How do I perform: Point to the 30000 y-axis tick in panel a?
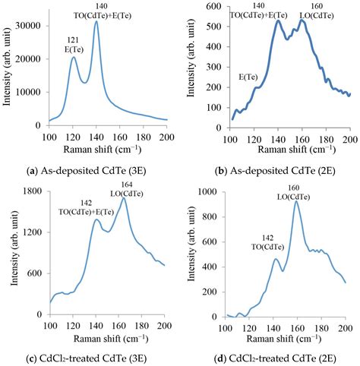pyautogui.click(x=33, y=25)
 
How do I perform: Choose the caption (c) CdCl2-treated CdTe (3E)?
pyautogui.click(x=91, y=356)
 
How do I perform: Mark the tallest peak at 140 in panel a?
pyautogui.click(x=96, y=21)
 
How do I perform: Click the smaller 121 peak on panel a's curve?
pyautogui.click(x=74, y=58)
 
